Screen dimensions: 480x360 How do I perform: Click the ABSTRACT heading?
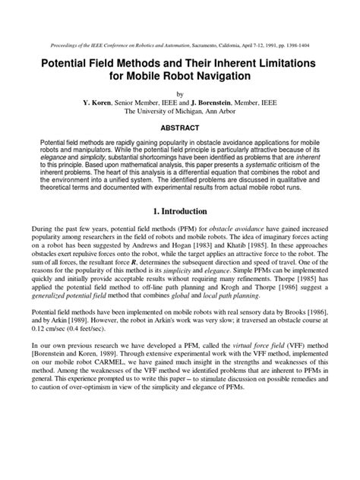(x=180, y=130)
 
